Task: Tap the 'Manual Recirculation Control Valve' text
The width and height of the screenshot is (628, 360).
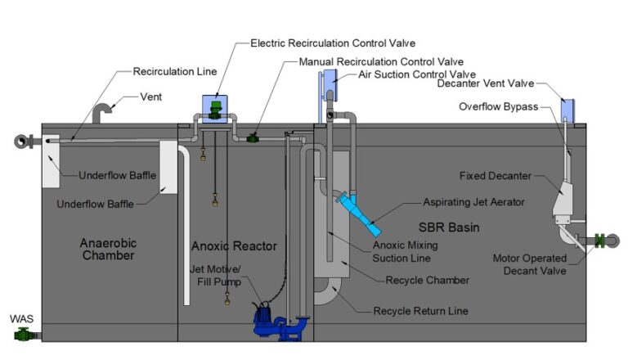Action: [x=381, y=61]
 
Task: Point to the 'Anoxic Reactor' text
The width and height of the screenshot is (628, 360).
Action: [x=234, y=245]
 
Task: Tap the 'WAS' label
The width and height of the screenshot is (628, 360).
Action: [x=20, y=318]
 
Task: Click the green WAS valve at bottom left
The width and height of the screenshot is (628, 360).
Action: [x=24, y=334]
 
